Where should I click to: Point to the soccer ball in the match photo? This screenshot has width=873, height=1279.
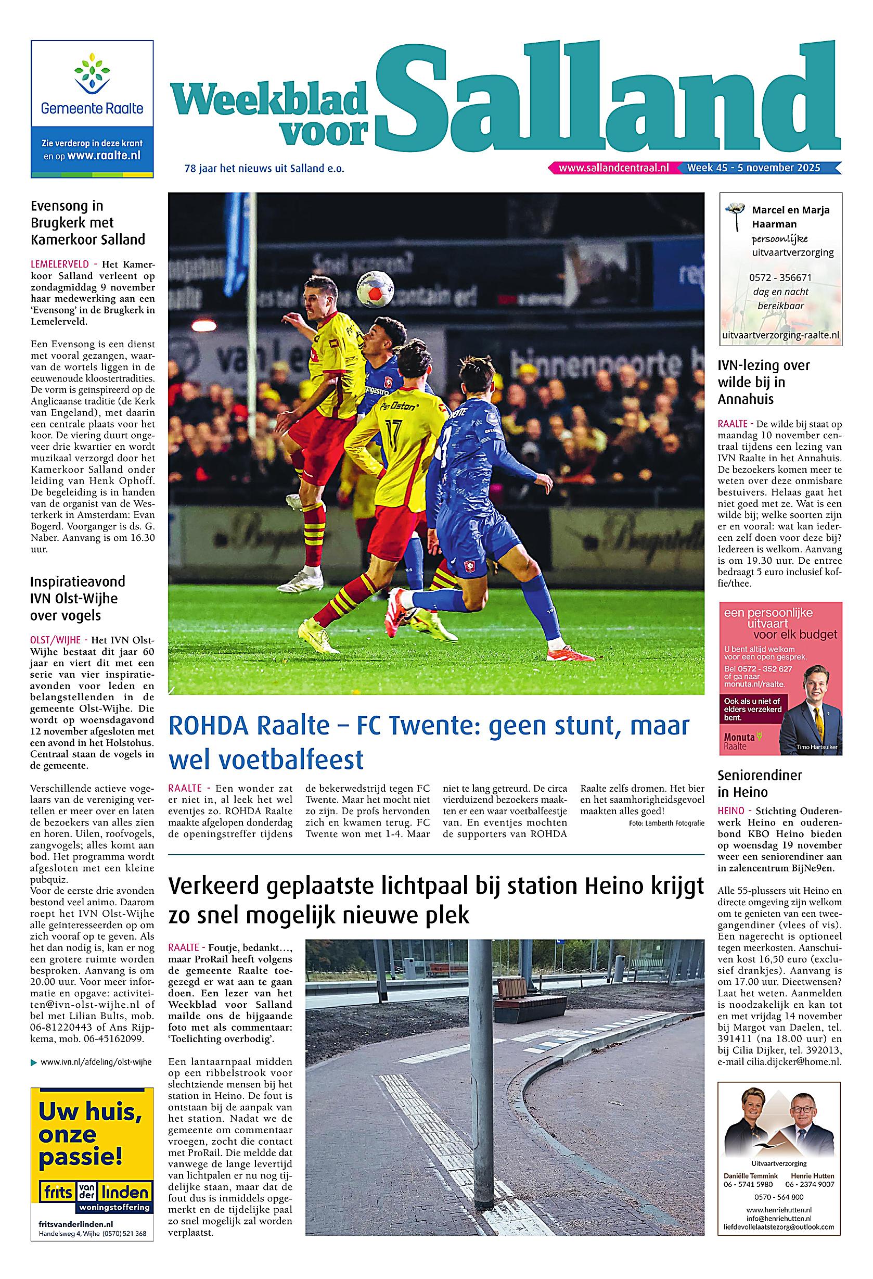[375, 288]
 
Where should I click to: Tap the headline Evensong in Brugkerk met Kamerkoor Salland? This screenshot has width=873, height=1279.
[88, 223]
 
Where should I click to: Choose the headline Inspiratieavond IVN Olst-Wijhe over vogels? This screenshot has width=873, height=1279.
[78, 598]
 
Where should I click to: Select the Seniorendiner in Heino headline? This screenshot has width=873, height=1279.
[760, 783]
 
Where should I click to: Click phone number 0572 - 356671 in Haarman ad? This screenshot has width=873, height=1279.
[779, 277]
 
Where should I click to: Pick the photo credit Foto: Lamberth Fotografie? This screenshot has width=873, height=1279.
[665, 823]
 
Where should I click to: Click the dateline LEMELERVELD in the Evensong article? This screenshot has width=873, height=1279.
[58, 265]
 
